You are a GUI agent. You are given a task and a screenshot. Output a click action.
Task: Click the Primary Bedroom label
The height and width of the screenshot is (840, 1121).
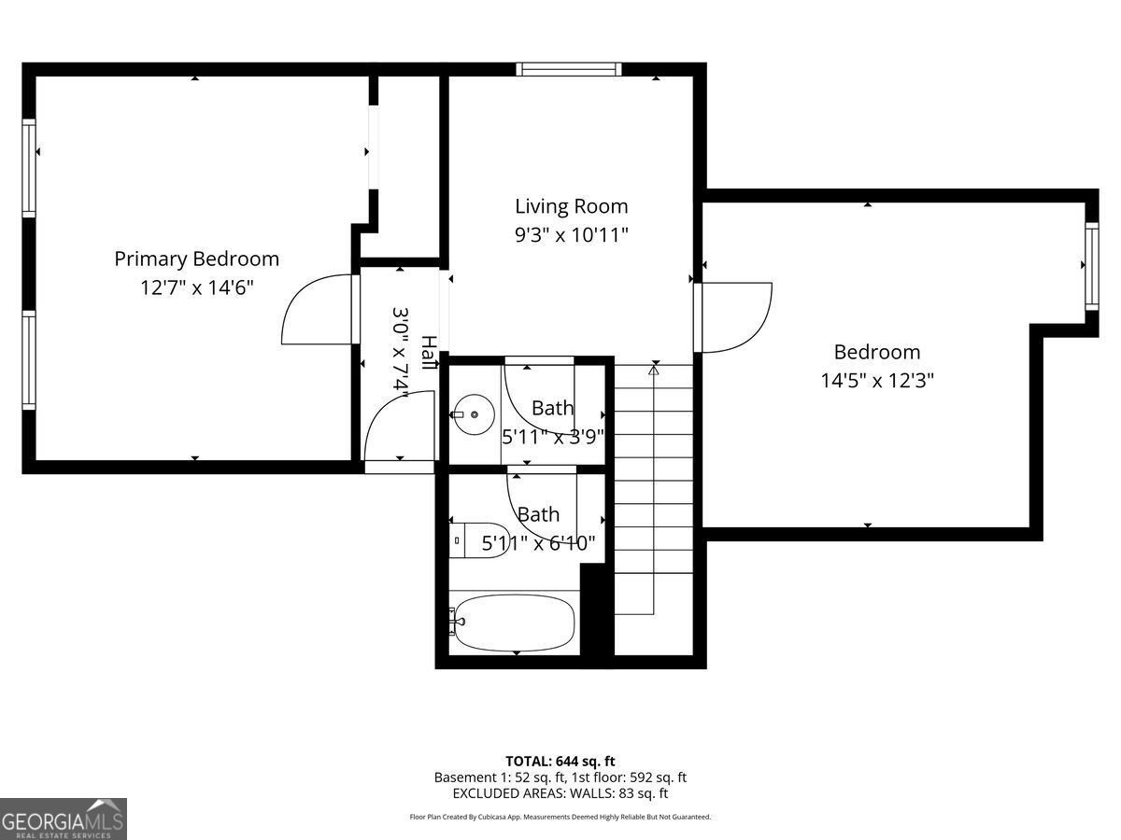196,259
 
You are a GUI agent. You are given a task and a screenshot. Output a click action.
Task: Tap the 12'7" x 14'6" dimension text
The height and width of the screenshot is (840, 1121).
196,287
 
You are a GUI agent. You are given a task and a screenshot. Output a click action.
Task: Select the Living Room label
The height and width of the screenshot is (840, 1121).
571,206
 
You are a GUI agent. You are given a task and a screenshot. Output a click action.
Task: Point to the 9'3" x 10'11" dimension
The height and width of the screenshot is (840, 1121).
571,235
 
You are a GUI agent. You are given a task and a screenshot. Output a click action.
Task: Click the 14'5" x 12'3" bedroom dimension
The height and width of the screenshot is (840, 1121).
877,381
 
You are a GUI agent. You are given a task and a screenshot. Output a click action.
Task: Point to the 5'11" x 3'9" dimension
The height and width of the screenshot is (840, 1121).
553,436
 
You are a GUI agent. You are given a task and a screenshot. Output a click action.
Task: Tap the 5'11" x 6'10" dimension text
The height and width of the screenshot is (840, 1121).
538,543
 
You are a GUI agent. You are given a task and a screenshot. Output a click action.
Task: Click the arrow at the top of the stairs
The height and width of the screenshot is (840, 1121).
654,371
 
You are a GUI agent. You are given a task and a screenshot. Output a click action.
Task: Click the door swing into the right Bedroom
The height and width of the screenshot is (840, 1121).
735,317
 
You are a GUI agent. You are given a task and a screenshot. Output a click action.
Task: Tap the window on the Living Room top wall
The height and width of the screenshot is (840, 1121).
569,69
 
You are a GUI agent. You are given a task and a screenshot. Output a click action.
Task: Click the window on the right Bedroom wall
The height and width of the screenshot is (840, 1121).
1090,265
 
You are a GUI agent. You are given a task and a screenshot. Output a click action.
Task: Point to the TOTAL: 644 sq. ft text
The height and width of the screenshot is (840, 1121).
560,761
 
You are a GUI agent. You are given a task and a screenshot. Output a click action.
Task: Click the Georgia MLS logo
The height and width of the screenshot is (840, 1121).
63,819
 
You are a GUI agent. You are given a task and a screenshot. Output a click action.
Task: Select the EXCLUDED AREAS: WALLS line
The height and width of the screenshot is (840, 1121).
560,793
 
